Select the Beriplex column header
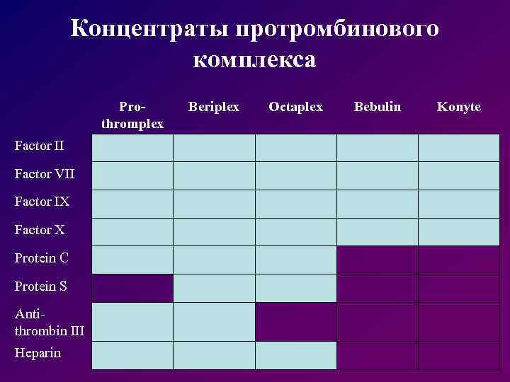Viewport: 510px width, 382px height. point(214,107)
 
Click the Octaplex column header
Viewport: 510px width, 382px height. point(295,107)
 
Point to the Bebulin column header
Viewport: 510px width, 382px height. point(378,107)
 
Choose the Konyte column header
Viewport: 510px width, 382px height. point(459,107)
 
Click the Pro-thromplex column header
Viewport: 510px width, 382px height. point(132,115)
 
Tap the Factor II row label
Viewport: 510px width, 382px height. point(39,146)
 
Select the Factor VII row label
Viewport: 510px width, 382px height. point(44,174)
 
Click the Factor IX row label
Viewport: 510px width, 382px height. point(42,202)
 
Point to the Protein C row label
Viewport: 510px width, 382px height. point(41,258)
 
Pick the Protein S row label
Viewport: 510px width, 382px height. point(41,286)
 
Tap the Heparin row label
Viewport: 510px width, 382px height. point(38,352)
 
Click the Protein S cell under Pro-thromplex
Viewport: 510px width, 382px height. point(132,288)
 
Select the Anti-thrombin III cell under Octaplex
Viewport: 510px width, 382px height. point(295,322)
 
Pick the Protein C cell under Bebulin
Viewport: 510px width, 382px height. point(378,260)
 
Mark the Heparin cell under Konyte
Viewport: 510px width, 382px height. point(459,355)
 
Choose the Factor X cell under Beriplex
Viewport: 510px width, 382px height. point(214,231)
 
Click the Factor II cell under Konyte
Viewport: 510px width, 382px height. point(459,148)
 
